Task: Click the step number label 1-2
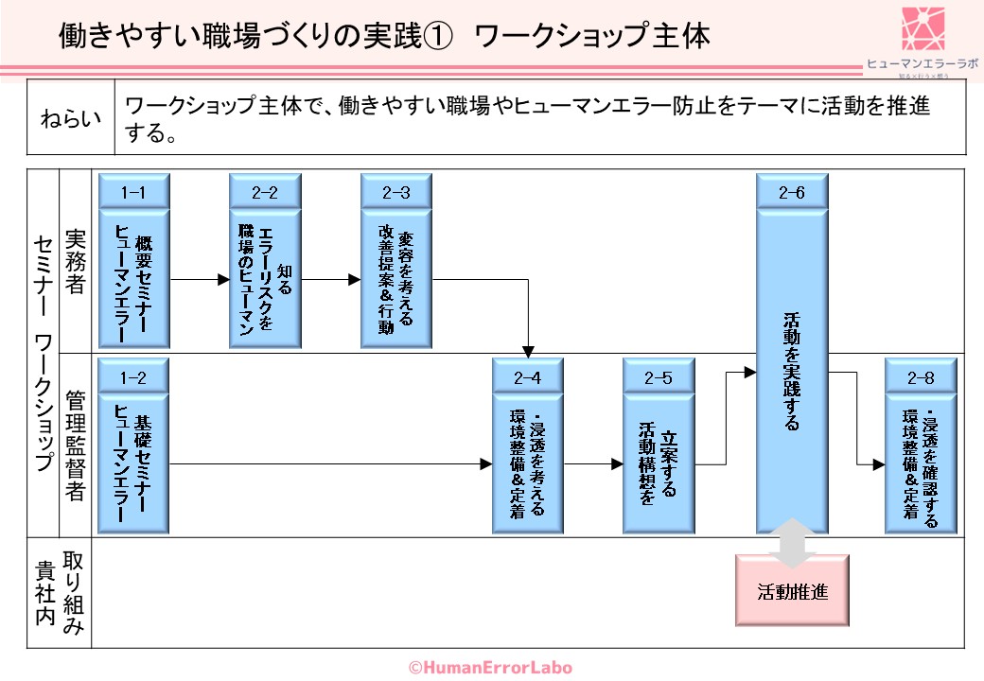tap(133, 377)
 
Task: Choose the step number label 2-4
tap(528, 377)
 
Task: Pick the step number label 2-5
tap(659, 377)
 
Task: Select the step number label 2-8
tap(921, 377)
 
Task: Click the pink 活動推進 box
tap(793, 592)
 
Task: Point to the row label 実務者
tap(75, 260)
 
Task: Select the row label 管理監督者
tap(75, 445)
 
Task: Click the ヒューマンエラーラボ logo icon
tap(923, 29)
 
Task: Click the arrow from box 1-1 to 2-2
tap(199, 280)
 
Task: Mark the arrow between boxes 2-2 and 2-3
tap(330, 280)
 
